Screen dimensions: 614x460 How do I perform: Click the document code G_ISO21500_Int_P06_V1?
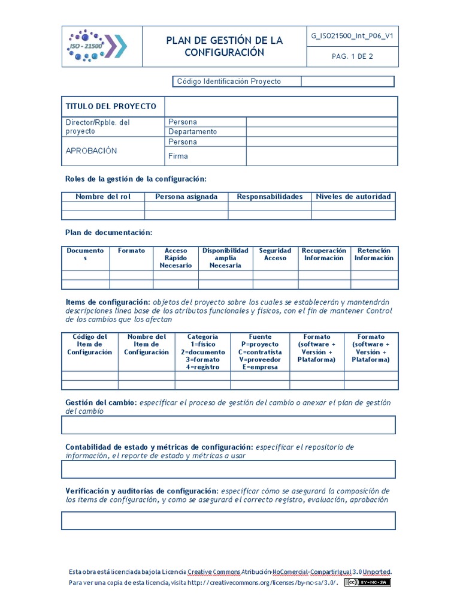pyautogui.click(x=352, y=35)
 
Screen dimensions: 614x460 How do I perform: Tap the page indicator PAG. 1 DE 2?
pyautogui.click(x=352, y=57)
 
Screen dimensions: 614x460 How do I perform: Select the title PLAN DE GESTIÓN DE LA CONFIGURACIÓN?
pyautogui.click(x=224, y=46)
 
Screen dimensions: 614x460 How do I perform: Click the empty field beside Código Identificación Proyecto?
pyautogui.click(x=347, y=82)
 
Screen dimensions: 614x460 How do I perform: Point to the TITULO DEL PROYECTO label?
pyautogui.click(x=111, y=106)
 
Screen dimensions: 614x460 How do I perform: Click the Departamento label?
pyautogui.click(x=193, y=132)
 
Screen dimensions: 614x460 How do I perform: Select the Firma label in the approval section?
pyautogui.click(x=178, y=156)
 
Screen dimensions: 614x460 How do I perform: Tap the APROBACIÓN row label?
pyautogui.click(x=91, y=151)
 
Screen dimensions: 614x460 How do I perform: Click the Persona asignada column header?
pyautogui.click(x=186, y=197)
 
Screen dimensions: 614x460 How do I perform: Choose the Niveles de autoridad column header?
pyautogui.click(x=353, y=197)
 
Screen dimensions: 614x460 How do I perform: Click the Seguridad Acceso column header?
pyautogui.click(x=276, y=254)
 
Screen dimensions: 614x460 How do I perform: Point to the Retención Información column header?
pyautogui.click(x=374, y=254)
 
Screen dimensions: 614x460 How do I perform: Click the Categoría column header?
pyautogui.click(x=202, y=352)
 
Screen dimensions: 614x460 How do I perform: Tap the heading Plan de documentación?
pyautogui.click(x=108, y=232)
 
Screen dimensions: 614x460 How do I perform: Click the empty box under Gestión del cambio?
pyautogui.click(x=228, y=425)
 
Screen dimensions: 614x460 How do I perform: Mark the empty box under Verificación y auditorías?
pyautogui.click(x=228, y=520)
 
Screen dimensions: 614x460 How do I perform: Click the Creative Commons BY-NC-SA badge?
pyautogui.click(x=367, y=582)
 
